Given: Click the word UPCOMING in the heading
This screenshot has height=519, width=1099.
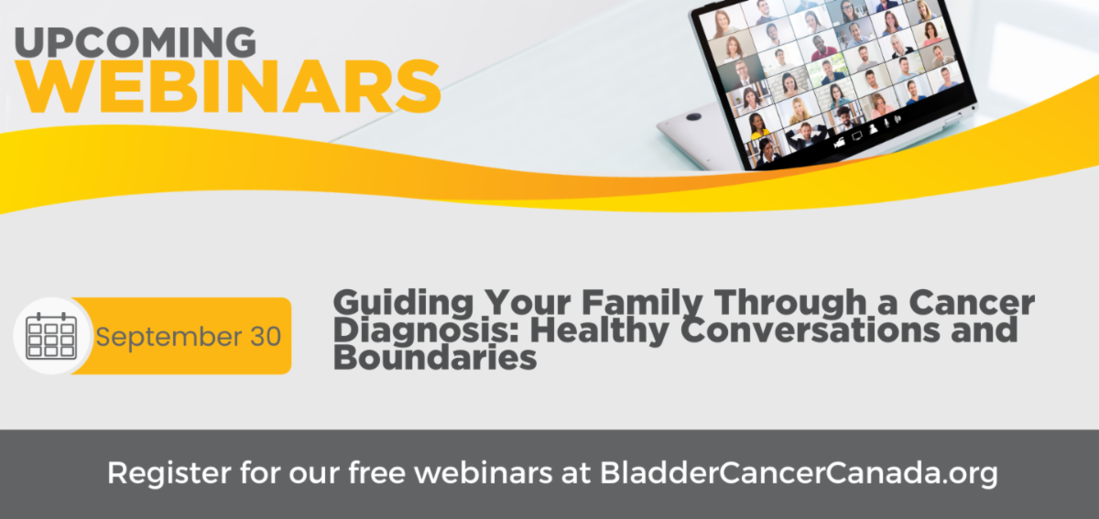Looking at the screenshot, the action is [x=136, y=42].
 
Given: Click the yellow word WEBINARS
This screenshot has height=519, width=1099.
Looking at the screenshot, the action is [x=228, y=87].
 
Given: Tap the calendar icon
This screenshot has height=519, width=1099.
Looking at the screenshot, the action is [x=51, y=336].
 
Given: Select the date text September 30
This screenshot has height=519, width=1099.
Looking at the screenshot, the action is [x=189, y=337].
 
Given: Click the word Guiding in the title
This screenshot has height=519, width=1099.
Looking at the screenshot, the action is [x=403, y=303].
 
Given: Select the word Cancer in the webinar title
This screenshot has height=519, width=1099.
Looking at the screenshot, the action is [x=972, y=303].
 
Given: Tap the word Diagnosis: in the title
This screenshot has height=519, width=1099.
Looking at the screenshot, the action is [x=426, y=331].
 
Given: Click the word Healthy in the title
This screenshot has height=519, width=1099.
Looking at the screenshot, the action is [x=600, y=331].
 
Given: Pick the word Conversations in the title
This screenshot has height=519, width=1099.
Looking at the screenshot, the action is [x=810, y=330].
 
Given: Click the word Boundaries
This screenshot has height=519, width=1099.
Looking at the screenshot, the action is [x=435, y=357].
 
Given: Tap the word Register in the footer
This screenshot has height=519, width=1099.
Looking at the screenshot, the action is [x=169, y=474].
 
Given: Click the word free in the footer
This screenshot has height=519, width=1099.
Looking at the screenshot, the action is [x=377, y=472].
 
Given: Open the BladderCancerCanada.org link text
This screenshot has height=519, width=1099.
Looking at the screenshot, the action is [x=799, y=474].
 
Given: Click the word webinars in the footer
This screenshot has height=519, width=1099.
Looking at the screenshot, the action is [x=484, y=472].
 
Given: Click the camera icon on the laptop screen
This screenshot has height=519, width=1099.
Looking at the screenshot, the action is [x=839, y=142].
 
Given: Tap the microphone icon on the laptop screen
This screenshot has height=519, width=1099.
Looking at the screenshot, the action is [x=887, y=124].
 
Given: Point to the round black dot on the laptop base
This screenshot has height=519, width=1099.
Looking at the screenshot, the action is [x=694, y=117].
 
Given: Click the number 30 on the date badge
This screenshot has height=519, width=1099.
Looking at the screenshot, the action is [x=266, y=337].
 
